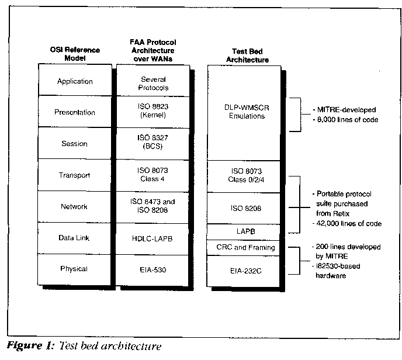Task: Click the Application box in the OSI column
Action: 75,79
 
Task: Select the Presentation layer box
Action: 75,112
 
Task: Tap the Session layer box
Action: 75,143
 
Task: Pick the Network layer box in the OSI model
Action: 74,207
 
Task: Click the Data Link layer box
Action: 74,238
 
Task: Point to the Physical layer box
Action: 74,269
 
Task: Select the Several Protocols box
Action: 153,81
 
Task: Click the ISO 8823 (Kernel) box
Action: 153,112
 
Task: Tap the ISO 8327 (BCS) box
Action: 153,144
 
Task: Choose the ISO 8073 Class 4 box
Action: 153,176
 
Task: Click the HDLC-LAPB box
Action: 153,239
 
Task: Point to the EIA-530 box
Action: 152,270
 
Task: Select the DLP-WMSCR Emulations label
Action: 247,112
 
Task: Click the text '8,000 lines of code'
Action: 348,120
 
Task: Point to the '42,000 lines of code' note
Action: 349,224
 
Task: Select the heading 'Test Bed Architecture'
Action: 247,56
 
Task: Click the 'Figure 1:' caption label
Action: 31,346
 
